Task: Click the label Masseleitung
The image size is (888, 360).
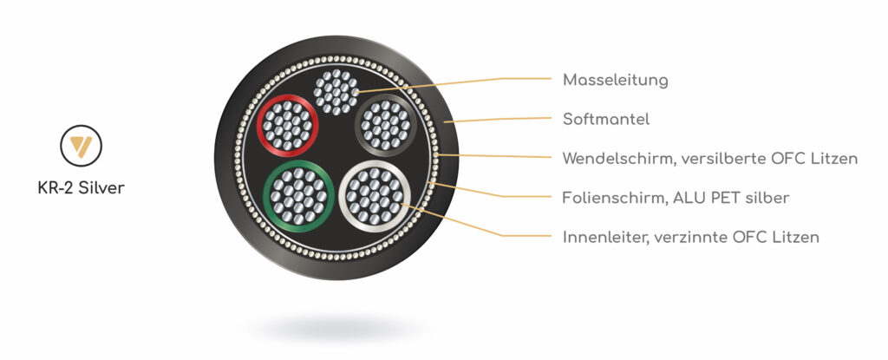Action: click(615, 80)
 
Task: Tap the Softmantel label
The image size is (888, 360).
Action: click(606, 119)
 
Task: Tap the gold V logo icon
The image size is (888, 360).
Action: click(80, 146)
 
